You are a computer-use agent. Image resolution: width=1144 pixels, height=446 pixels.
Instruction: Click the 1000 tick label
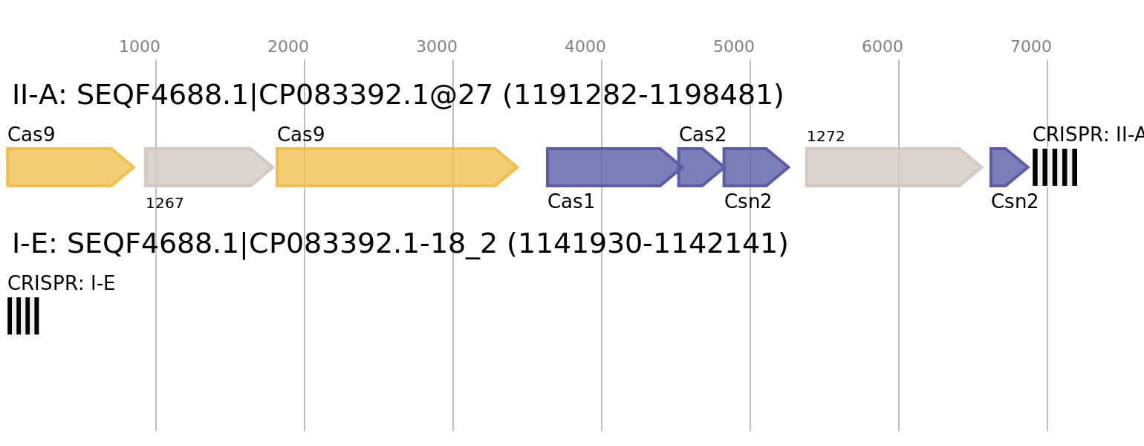point(140,48)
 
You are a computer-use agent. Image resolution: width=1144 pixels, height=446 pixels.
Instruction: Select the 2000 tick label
point(288,48)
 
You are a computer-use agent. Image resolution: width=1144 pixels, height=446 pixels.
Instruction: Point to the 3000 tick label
point(437,48)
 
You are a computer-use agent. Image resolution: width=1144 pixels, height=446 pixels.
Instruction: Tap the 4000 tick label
point(585,48)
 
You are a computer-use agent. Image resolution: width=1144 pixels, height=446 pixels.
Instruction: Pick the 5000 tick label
point(734,48)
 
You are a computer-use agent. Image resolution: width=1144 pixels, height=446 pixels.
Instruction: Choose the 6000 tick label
point(883,48)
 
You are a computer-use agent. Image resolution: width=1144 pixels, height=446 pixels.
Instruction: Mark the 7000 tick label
point(1031,48)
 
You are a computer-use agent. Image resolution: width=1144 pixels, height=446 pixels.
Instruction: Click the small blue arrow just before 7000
point(1007,167)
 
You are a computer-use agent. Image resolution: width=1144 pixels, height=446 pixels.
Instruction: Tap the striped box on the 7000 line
point(1055,167)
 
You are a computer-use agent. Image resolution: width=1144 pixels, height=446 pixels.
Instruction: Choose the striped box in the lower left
point(23,316)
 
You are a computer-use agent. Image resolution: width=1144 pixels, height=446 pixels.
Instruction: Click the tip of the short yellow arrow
point(134,167)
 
